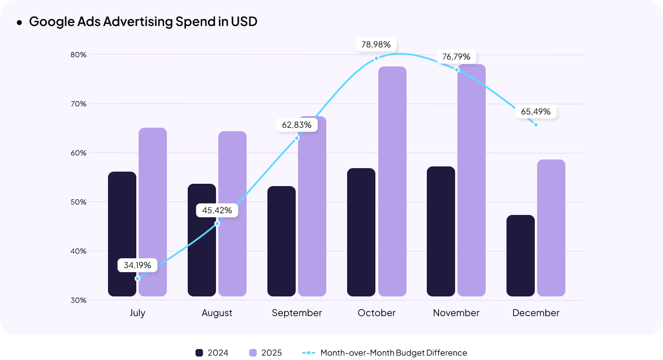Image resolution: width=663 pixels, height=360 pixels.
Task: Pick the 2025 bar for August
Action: pyautogui.click(x=232, y=214)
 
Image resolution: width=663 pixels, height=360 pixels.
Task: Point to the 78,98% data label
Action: pyautogui.click(x=376, y=44)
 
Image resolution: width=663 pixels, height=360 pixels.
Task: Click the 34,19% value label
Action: pyautogui.click(x=137, y=265)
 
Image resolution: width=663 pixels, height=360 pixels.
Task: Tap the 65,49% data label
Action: pyautogui.click(x=535, y=112)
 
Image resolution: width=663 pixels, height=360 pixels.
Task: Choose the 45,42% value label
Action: pyautogui.click(x=217, y=210)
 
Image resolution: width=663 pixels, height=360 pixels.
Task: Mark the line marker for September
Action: pyautogui.click(x=297, y=138)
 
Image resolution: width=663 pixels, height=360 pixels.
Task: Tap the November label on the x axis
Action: pyautogui.click(x=456, y=313)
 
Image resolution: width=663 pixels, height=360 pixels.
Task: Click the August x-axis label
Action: pyautogui.click(x=217, y=313)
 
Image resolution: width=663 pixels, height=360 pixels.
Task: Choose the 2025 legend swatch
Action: pyautogui.click(x=252, y=352)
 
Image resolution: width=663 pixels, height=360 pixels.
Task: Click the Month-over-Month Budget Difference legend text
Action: pyautogui.click(x=393, y=352)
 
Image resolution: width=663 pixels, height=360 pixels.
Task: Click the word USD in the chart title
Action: pyautogui.click(x=244, y=22)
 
